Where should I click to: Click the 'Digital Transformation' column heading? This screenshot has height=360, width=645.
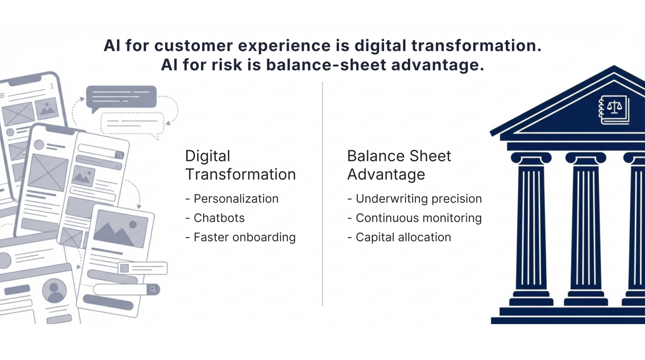click(x=240, y=165)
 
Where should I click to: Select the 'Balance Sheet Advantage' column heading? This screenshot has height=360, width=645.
click(x=399, y=165)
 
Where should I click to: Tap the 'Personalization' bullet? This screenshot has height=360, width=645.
click(x=236, y=199)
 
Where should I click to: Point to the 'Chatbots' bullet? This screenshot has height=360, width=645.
click(x=219, y=218)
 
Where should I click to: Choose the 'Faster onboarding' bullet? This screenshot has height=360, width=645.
click(x=244, y=237)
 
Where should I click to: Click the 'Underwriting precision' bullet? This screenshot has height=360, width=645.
click(x=418, y=199)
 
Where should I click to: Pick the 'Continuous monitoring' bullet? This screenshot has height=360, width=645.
click(x=418, y=218)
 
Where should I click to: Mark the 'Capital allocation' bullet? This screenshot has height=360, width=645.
click(x=403, y=237)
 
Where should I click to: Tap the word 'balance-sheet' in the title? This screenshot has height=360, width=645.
click(x=326, y=65)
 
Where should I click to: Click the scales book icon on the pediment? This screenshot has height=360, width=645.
click(x=614, y=109)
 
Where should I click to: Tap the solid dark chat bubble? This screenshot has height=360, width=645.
click(x=121, y=96)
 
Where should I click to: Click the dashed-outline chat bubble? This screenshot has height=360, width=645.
click(x=132, y=123)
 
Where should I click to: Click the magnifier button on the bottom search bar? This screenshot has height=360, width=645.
click(x=153, y=289)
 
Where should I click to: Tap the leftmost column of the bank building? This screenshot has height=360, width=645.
click(x=531, y=226)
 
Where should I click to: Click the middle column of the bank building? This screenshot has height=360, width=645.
click(x=586, y=226)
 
